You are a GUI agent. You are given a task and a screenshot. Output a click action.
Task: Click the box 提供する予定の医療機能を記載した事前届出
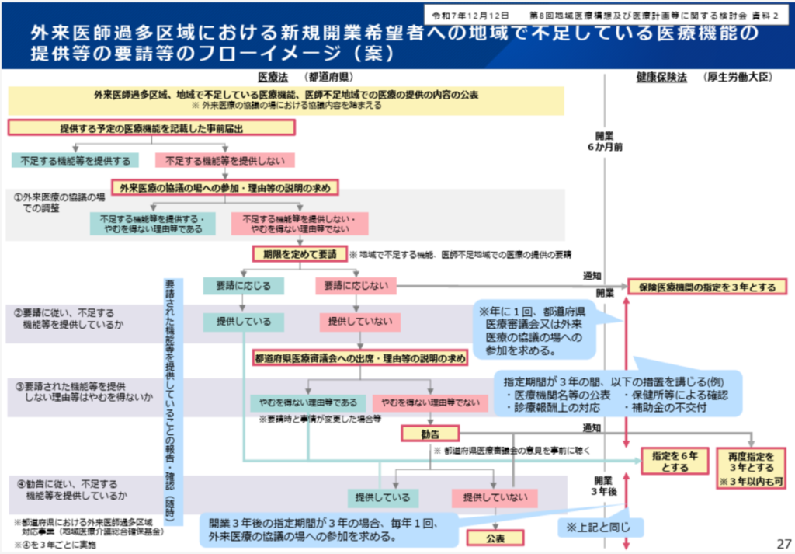[x=152, y=128]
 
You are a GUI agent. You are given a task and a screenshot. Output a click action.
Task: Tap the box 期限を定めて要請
[x=299, y=254]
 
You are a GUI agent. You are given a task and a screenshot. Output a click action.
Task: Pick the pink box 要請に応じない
[x=356, y=286]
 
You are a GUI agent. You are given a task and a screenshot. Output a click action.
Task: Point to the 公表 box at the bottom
[x=495, y=537]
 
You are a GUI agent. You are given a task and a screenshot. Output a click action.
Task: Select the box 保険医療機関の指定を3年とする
[x=706, y=287]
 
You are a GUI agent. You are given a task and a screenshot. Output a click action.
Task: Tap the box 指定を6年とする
[x=675, y=462]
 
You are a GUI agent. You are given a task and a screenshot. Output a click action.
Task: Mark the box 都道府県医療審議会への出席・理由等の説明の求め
[x=360, y=359]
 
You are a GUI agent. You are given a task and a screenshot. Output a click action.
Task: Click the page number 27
[x=783, y=542]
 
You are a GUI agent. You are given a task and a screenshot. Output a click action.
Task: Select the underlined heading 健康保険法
[x=661, y=78]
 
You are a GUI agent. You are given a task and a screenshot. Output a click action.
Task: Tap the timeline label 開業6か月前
[x=609, y=140]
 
